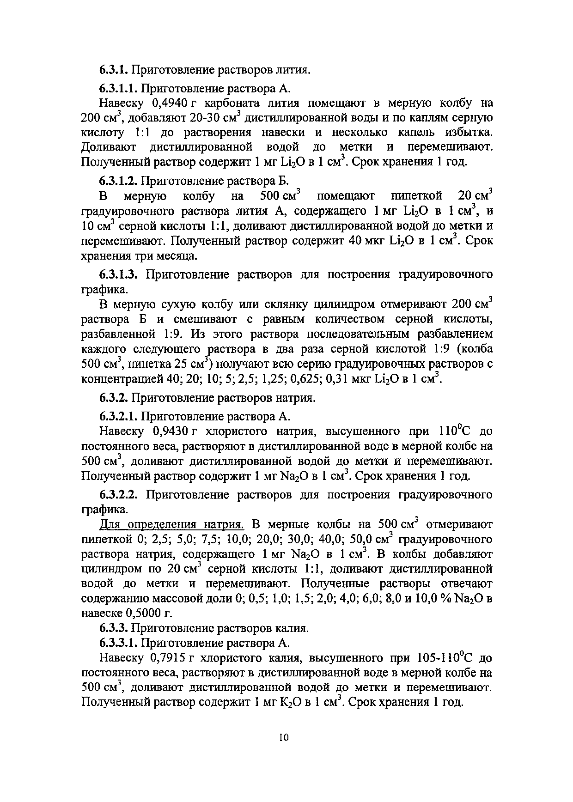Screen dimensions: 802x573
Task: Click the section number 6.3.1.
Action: (113, 70)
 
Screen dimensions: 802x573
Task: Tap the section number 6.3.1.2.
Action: (118, 181)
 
